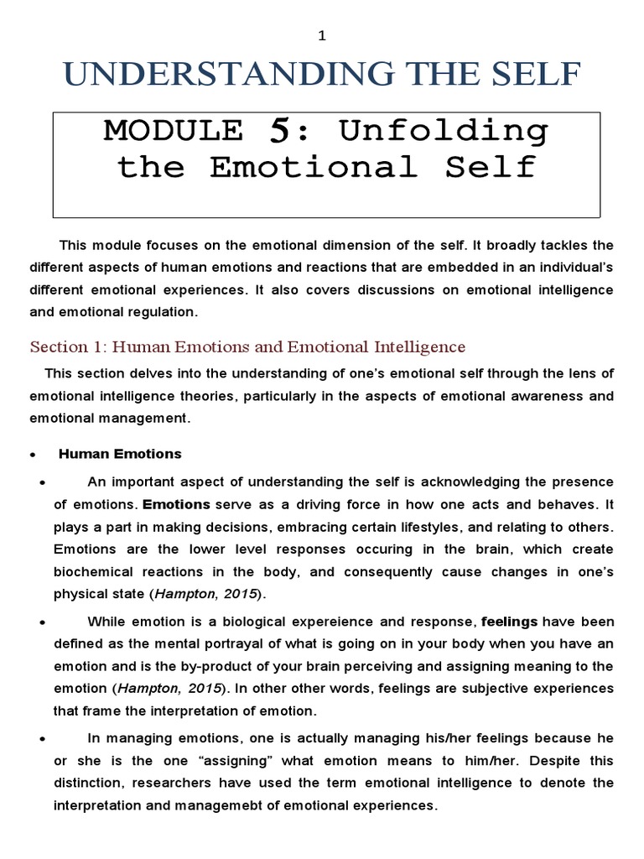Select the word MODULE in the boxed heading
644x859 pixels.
(x=173, y=132)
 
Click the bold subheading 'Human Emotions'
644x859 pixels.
(x=119, y=454)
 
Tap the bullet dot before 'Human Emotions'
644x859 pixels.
(x=32, y=455)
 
